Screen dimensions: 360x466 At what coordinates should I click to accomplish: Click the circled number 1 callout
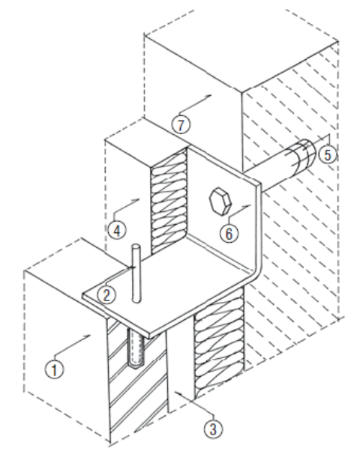(x=54, y=370)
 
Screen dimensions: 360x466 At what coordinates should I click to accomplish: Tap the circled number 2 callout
(x=106, y=295)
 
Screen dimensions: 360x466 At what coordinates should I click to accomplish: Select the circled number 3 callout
(x=213, y=429)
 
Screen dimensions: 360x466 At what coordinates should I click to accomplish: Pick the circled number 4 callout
(x=117, y=230)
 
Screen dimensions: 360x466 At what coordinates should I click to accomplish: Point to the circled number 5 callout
(x=327, y=155)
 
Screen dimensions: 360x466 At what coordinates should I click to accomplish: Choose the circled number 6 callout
(x=229, y=233)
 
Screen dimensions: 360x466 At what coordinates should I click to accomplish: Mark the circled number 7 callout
(x=181, y=125)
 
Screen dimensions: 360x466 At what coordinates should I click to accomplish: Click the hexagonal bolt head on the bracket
(x=220, y=201)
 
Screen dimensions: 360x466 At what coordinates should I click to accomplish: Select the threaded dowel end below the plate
(x=136, y=348)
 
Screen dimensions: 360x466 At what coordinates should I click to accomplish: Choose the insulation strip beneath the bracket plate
(x=219, y=342)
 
